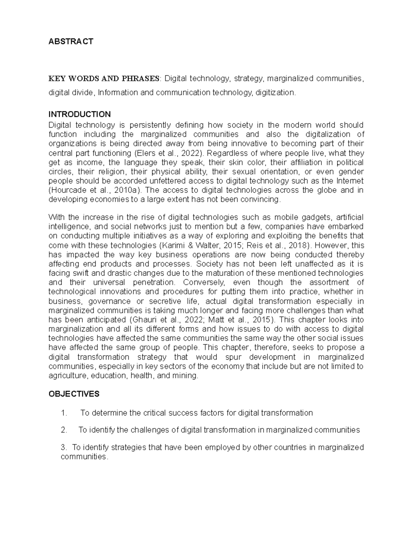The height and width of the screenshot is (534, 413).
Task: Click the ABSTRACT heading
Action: (71, 42)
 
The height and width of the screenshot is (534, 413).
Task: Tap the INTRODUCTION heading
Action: (80, 114)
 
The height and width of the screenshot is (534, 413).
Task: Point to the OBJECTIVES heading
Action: (74, 394)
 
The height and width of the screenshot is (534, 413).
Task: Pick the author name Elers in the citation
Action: (146, 153)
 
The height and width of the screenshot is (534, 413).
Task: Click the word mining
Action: (187, 376)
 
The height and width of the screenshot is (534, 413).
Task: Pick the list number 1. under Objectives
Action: (63, 413)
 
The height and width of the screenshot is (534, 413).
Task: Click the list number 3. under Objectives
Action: (63, 447)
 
